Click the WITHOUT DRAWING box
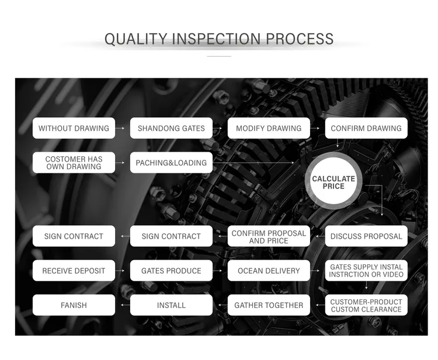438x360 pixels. click(x=74, y=128)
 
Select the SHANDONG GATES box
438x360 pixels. click(x=171, y=128)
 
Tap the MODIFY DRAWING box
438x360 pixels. click(x=269, y=128)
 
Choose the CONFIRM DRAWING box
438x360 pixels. click(x=366, y=128)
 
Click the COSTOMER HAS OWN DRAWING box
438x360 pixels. click(x=74, y=162)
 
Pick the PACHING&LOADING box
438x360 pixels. click(x=171, y=162)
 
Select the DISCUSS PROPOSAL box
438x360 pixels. click(x=366, y=236)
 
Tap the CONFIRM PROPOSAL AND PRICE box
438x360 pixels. click(x=269, y=236)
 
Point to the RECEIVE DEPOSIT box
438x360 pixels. click(x=74, y=270)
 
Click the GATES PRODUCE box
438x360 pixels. click(x=171, y=270)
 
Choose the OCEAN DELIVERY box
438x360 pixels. click(x=269, y=270)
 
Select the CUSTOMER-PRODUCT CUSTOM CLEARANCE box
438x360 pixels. click(x=366, y=305)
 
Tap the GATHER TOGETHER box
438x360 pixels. click(x=269, y=305)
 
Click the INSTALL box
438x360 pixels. click(x=171, y=305)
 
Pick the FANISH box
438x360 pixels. click(x=74, y=305)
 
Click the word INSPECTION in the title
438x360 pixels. click(x=216, y=39)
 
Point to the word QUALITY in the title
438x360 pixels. click(x=135, y=39)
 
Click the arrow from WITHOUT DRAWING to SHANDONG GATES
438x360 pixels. click(x=120, y=128)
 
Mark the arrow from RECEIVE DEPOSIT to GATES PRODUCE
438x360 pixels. click(x=120, y=270)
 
